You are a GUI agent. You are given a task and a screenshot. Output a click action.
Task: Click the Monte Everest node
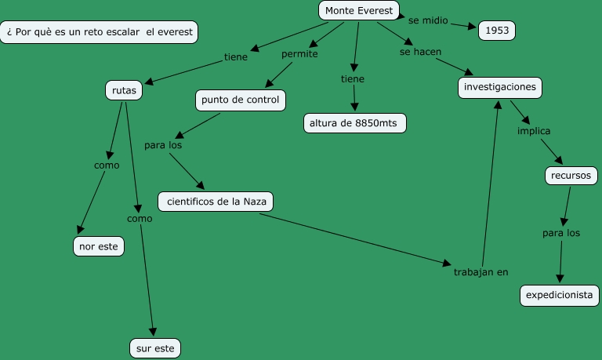tap(359, 11)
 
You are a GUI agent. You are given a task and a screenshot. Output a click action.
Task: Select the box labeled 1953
tap(497, 31)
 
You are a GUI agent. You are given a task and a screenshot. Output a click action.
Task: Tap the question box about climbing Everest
tap(99, 32)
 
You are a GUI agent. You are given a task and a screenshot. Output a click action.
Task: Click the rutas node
tap(124, 91)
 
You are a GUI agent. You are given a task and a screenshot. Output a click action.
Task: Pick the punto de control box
tap(240, 100)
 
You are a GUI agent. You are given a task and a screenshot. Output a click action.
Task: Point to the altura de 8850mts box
tap(355, 124)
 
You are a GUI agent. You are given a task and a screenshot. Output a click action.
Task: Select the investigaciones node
tap(500, 87)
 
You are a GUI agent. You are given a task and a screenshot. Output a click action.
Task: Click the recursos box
tap(571, 176)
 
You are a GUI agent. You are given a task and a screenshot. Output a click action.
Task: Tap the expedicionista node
tap(560, 296)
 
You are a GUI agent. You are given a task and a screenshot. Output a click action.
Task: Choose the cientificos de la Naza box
tap(216, 202)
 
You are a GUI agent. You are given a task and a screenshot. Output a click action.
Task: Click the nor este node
tap(99, 246)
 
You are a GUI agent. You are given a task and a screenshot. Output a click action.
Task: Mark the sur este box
tap(155, 347)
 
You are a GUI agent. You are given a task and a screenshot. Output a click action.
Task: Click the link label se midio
tap(428, 20)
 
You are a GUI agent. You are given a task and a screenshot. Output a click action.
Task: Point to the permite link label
tap(299, 54)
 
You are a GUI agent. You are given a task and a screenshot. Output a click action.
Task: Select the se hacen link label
tap(420, 52)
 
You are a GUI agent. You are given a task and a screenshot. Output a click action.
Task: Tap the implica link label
tap(534, 131)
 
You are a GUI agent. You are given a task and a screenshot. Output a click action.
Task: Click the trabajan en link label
tap(481, 272)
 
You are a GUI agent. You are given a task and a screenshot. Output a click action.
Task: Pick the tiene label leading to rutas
tap(236, 56)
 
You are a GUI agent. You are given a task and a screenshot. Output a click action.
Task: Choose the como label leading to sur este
tap(140, 219)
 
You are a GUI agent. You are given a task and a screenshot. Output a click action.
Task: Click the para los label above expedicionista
tap(561, 233)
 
